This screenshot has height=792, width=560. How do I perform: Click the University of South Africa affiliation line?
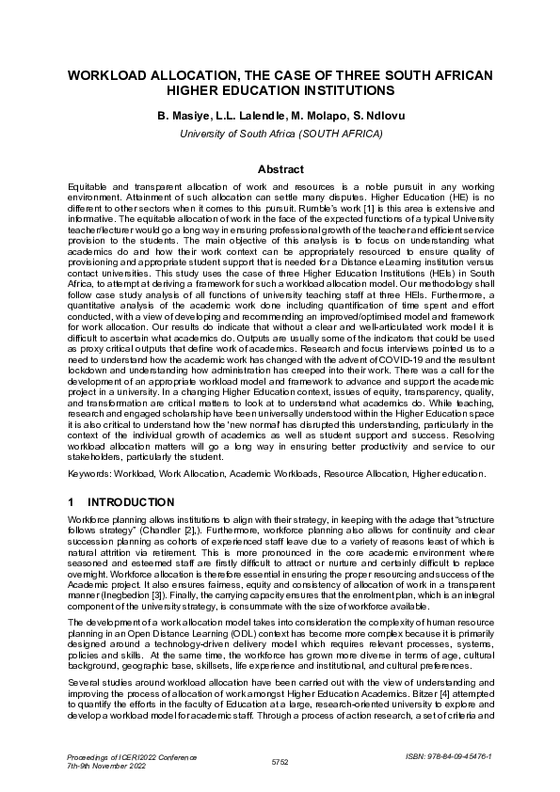pyautogui.click(x=280, y=134)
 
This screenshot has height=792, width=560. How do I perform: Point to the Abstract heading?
pyautogui.click(x=280, y=169)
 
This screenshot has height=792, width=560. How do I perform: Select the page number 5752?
pyautogui.click(x=280, y=759)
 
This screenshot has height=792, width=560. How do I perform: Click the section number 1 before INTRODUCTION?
pyautogui.click(x=72, y=502)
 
